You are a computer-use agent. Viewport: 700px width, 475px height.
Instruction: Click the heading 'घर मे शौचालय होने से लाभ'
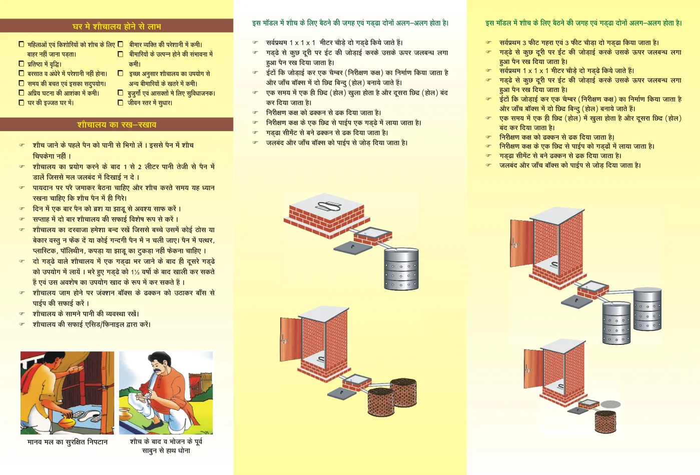(117, 26)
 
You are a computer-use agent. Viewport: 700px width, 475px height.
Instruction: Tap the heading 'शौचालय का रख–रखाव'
(117, 125)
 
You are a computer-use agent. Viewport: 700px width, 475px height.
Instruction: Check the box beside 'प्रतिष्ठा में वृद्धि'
(21, 64)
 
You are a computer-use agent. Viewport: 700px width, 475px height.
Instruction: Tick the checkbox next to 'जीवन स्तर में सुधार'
(120, 103)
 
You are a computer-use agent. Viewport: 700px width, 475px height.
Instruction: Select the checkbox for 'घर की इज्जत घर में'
(21, 103)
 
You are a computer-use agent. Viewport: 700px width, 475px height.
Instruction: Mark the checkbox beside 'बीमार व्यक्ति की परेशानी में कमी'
(120, 44)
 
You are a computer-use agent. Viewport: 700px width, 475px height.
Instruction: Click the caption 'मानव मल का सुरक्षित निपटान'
(68, 442)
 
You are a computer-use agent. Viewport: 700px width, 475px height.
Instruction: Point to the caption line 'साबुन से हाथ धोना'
(166, 450)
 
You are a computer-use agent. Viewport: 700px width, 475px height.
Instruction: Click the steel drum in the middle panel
(401, 269)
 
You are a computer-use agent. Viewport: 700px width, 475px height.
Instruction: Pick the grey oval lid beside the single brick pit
(610, 404)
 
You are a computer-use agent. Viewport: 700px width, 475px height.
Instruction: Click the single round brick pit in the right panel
(605, 421)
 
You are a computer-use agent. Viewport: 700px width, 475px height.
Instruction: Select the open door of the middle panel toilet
(291, 339)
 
